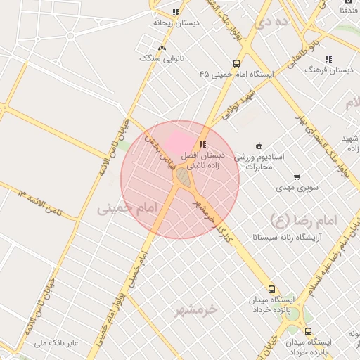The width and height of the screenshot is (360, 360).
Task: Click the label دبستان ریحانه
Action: click(x=176, y=22)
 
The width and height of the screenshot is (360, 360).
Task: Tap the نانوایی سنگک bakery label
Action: click(x=162, y=58)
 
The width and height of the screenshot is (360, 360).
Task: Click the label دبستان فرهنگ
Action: click(x=328, y=70)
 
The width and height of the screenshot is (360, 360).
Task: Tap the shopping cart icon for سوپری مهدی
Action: click(x=297, y=177)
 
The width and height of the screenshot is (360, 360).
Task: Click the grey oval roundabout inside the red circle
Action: click(x=184, y=177)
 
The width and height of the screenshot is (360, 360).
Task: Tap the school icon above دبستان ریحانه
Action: click(x=176, y=12)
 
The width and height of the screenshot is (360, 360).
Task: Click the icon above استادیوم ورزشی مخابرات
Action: click(x=259, y=146)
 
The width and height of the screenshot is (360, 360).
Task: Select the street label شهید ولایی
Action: click(x=238, y=103)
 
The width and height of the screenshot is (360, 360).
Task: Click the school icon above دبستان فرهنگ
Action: click(x=328, y=60)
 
